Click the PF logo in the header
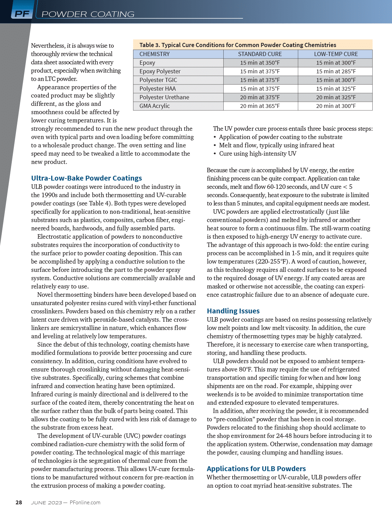click(x=22, y=14)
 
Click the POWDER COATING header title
click(x=88, y=14)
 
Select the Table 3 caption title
click(x=237, y=45)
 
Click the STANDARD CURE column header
click(x=260, y=54)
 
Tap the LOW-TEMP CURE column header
click(x=336, y=54)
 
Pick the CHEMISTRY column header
click(x=155, y=54)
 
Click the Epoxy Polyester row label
click(x=160, y=71)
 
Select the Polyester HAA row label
click(x=157, y=89)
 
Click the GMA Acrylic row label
click(x=155, y=106)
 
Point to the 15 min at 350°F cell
click(x=260, y=63)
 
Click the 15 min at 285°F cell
click(x=336, y=71)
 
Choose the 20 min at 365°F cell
click(x=260, y=106)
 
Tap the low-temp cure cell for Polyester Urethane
click(x=336, y=97)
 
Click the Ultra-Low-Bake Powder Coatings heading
click(x=86, y=178)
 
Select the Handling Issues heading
click(x=233, y=311)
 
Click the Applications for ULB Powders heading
click(x=256, y=469)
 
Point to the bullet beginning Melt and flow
click(x=277, y=145)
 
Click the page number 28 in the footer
click(x=19, y=503)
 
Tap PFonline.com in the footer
click(x=85, y=503)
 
